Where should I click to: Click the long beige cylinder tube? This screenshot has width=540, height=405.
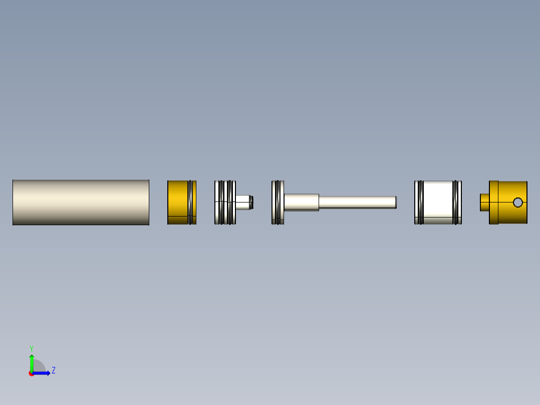pos(81,202)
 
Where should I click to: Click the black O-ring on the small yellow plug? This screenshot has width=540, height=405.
pos(190,202)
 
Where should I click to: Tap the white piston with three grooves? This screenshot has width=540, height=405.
pos(224,202)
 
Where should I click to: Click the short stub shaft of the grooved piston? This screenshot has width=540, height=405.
pos(242,202)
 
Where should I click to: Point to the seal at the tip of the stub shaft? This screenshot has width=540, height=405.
pos(252,202)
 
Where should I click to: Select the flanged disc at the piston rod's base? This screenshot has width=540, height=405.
pos(278,202)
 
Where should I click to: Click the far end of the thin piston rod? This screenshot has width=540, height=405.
pos(395,202)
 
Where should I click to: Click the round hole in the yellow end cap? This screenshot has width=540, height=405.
pos(518,202)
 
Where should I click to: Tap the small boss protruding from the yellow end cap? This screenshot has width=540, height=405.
pos(484,202)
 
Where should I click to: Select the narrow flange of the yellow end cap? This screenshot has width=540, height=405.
pos(493,202)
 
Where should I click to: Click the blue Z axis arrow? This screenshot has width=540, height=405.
pos(43,373)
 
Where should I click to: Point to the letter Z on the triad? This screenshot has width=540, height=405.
pos(53,370)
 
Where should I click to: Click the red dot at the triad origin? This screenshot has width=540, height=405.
pos(31,373)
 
